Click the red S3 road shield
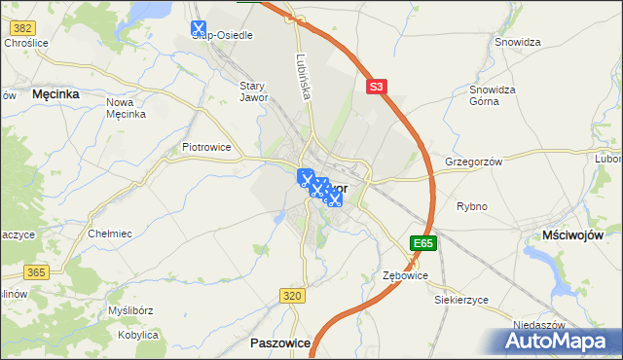378,88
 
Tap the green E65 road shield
423,243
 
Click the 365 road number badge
36,273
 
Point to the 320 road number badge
292,295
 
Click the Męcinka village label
55,94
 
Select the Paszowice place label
280,343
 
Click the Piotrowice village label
206,147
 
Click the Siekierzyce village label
460,300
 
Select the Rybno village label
472,206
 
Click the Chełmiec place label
110,234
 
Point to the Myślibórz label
131,310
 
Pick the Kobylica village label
137,335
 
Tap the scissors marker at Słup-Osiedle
199,29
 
